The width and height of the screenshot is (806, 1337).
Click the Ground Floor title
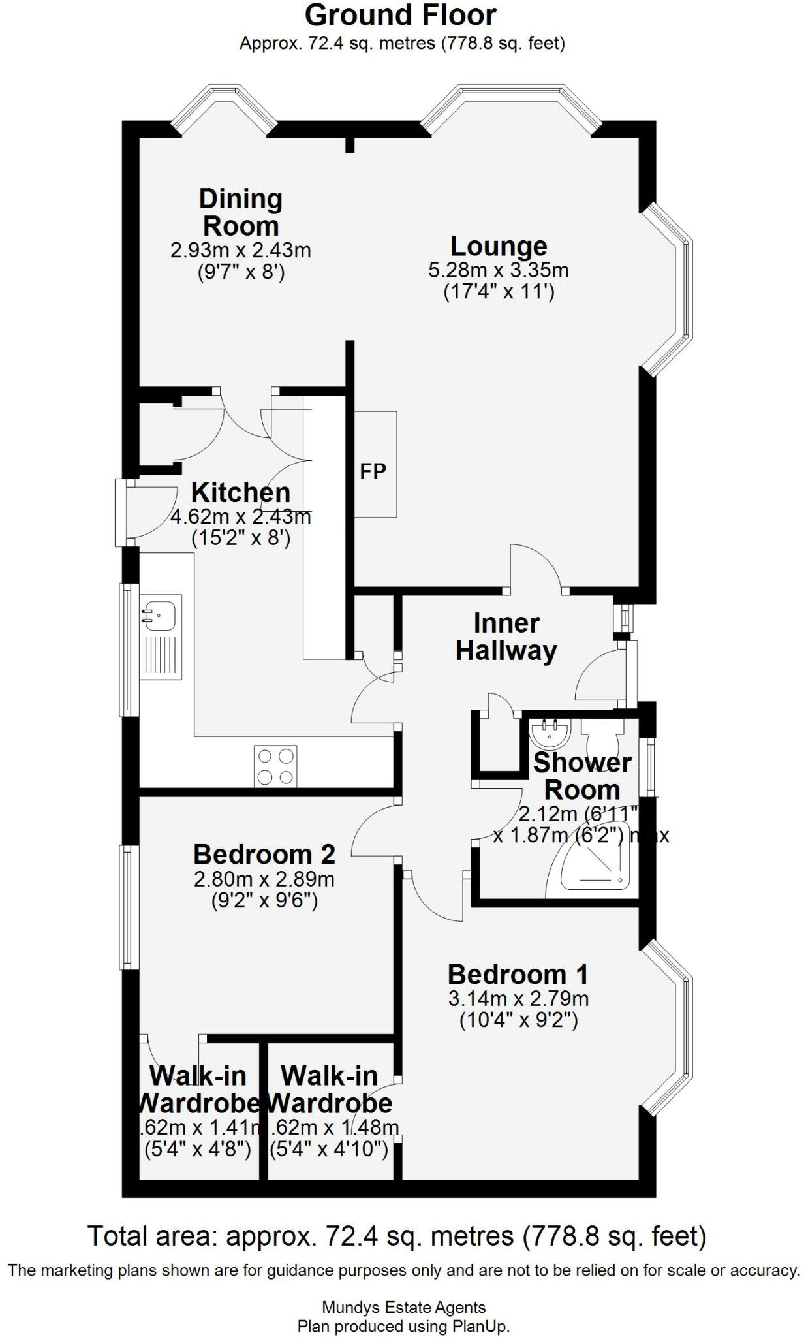click(400, 16)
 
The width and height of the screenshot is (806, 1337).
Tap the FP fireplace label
click(373, 471)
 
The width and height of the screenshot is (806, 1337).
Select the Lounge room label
click(499, 246)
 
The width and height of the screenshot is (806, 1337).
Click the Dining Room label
click(240, 213)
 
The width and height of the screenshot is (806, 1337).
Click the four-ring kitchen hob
click(275, 766)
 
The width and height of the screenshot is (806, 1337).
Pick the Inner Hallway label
click(506, 637)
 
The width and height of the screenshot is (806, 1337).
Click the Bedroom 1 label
click(518, 975)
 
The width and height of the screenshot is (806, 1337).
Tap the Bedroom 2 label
click(264, 854)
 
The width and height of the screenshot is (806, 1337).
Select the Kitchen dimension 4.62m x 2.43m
click(240, 517)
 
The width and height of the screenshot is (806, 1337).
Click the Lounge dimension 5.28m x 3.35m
click(499, 270)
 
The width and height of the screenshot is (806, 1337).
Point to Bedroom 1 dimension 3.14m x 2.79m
click(518, 998)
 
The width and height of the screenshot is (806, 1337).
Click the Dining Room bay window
click(223, 108)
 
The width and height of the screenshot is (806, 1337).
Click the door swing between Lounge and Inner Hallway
click(536, 567)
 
